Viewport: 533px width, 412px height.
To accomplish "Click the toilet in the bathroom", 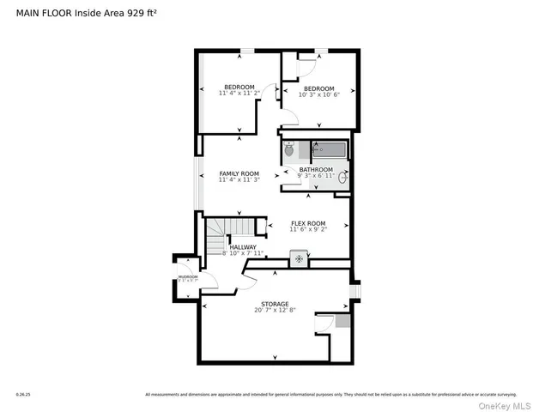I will (289, 151).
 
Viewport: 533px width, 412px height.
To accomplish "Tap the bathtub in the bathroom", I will (330, 150).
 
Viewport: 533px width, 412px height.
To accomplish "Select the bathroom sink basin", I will (343, 178).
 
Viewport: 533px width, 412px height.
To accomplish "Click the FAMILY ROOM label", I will (239, 173).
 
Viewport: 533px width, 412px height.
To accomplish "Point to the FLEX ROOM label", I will (307, 223).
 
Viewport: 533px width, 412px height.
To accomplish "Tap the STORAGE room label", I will (275, 303).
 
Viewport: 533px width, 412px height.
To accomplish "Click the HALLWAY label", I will (242, 246).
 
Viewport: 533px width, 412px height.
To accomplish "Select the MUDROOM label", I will (187, 276).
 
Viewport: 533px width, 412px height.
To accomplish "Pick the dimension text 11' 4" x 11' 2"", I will (239, 93).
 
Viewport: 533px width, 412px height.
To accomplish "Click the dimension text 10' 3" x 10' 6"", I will (318, 94).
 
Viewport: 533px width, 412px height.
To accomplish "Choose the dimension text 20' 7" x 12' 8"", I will (275, 311).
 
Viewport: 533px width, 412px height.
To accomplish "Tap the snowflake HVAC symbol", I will (299, 257).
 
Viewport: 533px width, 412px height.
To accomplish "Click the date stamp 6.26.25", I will (21, 395).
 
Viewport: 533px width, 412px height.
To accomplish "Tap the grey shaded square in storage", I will (342, 321).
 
